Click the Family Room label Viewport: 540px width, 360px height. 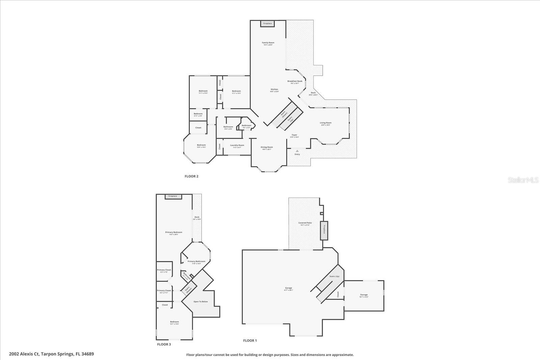[268, 43]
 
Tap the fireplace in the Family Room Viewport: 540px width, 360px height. [267, 24]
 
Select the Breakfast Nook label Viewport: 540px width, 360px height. [295, 81]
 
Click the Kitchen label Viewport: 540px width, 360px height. [274, 89]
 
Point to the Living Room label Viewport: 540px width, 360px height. [326, 123]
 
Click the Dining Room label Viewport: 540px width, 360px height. [267, 147]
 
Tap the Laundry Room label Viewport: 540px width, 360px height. [237, 145]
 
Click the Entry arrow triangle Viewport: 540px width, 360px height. [297, 151]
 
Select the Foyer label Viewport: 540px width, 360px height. [294, 135]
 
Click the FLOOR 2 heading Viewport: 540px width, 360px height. [191, 176]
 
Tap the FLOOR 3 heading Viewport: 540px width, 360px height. [164, 344]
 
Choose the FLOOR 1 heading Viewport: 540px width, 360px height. [250, 341]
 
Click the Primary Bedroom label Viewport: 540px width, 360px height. [173, 232]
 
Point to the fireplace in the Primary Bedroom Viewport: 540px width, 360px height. [173, 196]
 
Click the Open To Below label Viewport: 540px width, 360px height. [200, 301]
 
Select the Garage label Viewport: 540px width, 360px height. [288, 288]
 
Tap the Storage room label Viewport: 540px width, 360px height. [363, 295]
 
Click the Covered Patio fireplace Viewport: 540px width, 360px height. [324, 231]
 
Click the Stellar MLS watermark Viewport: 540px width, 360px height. [523, 180]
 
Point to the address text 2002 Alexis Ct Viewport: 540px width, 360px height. [24, 354]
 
